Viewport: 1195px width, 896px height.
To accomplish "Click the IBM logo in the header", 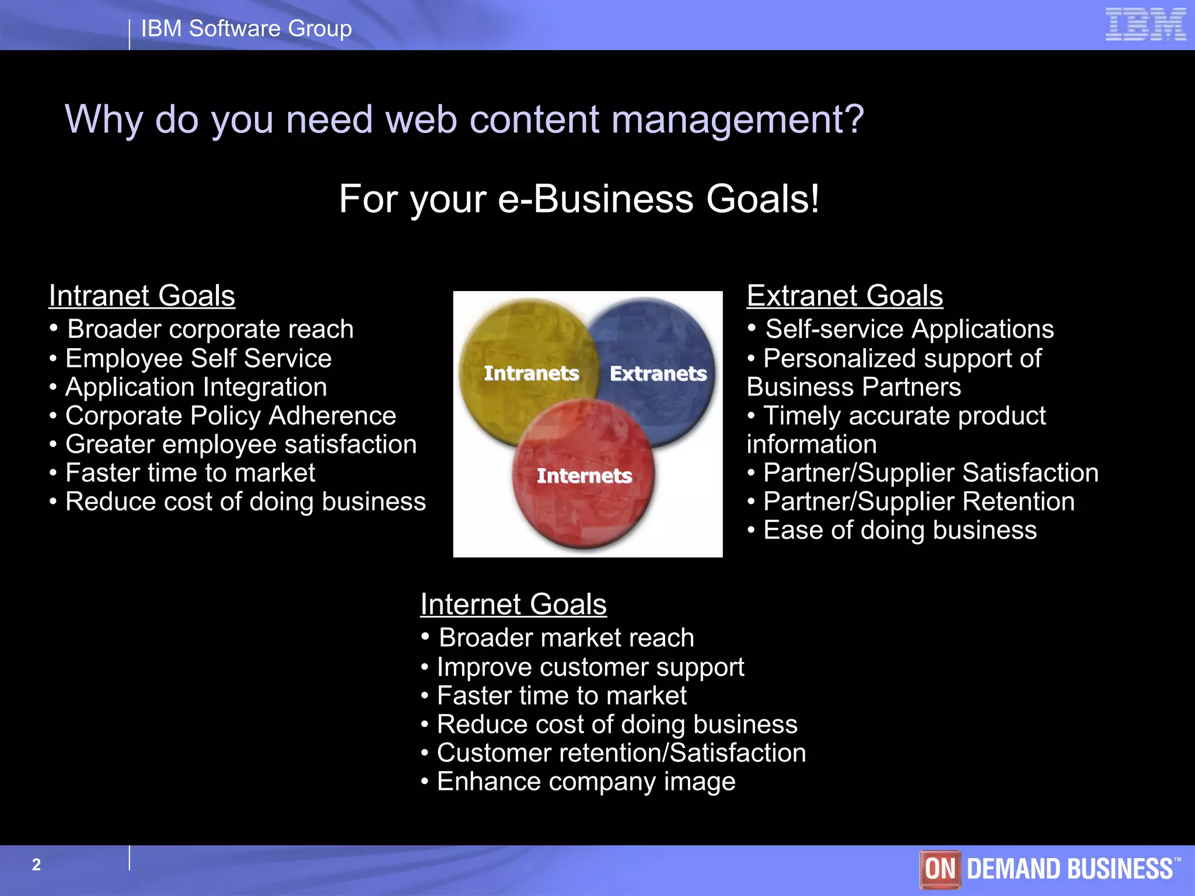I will tap(1145, 24).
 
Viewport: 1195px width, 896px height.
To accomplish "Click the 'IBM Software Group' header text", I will tap(246, 29).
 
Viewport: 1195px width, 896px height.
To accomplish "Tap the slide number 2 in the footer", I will tap(36, 864).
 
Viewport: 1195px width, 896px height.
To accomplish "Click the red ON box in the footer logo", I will tap(939, 869).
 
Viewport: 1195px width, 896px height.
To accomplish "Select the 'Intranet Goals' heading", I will tap(142, 296).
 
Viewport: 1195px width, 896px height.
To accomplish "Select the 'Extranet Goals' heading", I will tap(844, 296).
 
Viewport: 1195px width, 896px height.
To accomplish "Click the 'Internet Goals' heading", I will tap(513, 604).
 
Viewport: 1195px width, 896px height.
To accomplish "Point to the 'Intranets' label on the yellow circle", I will tap(531, 373).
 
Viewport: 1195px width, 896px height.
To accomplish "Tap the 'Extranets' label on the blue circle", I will tap(658, 373).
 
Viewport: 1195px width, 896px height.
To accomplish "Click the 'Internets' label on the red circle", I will tap(584, 475).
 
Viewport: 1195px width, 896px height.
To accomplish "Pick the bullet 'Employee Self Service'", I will tap(198, 358).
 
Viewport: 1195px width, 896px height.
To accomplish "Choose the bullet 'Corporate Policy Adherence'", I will tap(230, 416).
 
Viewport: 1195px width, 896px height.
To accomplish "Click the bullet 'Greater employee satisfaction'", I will tap(241, 444).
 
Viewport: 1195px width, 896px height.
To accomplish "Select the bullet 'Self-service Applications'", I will tap(909, 330).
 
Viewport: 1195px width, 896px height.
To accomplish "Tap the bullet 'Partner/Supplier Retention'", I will tap(918, 502).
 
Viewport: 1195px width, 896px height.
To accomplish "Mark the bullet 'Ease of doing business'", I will tap(900, 530).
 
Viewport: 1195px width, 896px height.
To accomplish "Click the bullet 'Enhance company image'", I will tap(586, 782).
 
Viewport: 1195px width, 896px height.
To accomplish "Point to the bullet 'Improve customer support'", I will tap(590, 667).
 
